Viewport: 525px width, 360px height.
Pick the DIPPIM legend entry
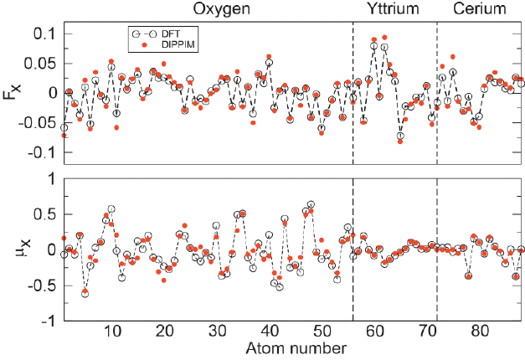click(x=177, y=44)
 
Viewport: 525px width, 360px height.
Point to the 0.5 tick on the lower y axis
click(x=42, y=214)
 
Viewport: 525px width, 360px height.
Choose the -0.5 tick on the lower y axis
click(x=39, y=285)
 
